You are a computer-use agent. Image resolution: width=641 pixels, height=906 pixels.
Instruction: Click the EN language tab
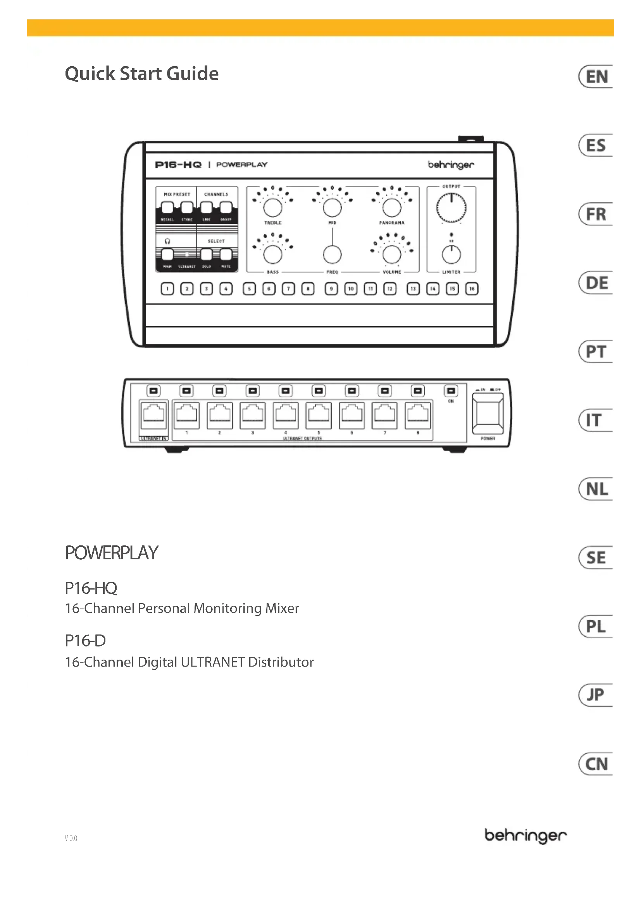(596, 77)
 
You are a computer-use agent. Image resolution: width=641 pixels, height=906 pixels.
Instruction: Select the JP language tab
(596, 695)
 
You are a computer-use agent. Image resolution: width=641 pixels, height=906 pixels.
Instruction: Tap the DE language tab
(596, 283)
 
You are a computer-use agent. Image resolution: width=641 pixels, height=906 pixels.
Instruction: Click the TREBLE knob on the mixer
(273, 208)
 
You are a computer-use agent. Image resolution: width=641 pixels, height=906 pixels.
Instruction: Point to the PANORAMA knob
(391, 208)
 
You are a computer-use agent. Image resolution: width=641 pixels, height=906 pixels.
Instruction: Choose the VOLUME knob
(391, 254)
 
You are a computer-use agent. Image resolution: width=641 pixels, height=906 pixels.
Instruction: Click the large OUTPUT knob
(451, 208)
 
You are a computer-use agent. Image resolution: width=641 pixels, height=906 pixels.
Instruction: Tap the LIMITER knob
(451, 254)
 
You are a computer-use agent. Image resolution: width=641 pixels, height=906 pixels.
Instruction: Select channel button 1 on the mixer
(167, 289)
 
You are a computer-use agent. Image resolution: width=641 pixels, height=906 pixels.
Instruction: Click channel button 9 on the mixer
(331, 289)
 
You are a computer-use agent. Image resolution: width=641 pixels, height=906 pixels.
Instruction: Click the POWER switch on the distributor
(488, 413)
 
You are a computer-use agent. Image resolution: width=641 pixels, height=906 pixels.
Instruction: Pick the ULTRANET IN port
(153, 415)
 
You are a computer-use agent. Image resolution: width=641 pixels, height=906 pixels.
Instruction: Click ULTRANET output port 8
(418, 415)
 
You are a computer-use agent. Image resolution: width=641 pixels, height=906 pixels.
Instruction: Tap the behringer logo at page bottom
(526, 836)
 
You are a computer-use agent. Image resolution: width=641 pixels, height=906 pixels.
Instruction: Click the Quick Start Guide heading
(142, 74)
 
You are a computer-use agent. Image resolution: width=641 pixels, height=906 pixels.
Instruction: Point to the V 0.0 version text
(71, 838)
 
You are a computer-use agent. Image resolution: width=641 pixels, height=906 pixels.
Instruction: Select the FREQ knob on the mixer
(333, 254)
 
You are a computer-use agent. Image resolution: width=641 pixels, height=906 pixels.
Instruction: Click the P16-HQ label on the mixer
(178, 165)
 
